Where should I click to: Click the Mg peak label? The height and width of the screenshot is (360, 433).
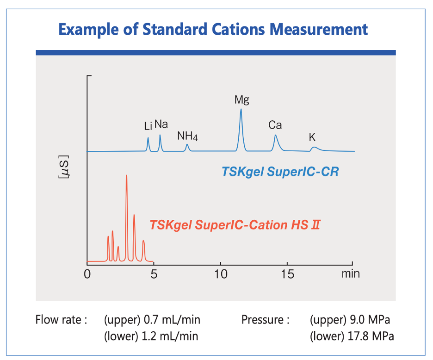[241, 99]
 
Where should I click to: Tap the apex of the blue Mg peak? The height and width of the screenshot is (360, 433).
[241, 110]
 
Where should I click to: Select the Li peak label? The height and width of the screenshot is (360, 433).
[148, 126]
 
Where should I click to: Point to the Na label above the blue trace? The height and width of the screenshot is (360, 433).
[161, 124]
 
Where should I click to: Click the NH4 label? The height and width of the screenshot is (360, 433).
[187, 136]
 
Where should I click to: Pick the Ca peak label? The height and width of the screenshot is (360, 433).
[275, 125]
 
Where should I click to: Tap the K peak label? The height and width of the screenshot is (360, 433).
[312, 137]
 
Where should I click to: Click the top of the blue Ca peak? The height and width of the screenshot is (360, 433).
[275, 135]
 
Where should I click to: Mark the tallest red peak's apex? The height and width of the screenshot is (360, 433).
[126, 176]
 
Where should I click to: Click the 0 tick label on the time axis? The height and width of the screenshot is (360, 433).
[87, 274]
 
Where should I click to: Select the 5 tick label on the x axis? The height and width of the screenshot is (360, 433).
[154, 274]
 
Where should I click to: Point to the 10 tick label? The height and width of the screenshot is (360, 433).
[221, 274]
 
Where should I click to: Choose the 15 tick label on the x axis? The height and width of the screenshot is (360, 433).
[287, 274]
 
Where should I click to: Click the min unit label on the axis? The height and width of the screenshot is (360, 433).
[350, 273]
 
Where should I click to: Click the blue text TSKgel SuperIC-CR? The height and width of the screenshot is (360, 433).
[280, 172]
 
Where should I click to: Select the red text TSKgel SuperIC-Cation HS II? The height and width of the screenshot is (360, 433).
[235, 225]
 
